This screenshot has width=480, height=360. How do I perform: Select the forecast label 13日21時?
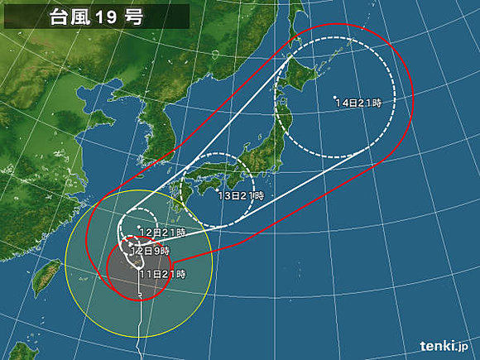241,195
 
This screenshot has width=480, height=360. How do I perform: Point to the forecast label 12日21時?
161,233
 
